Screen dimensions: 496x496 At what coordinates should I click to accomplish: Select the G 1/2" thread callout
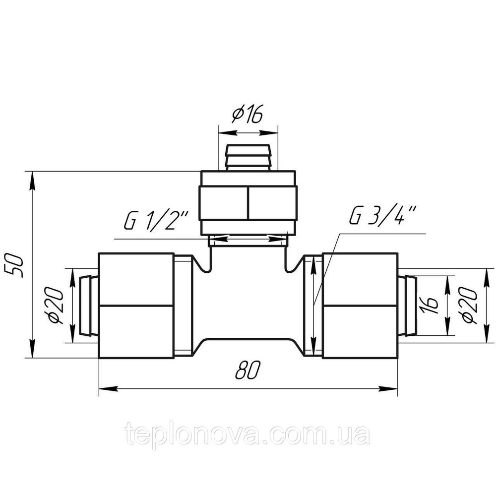coord(156,221)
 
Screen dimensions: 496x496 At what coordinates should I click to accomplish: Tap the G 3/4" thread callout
coord(384,215)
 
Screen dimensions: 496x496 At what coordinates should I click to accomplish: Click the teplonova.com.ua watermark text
coord(248,434)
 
